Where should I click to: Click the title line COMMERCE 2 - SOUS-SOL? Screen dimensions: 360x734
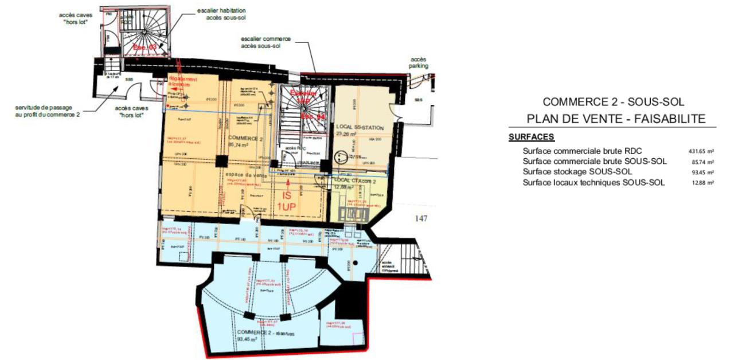(613, 102)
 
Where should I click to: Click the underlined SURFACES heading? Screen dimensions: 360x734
(531, 138)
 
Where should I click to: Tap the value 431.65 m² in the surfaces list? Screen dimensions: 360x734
(701, 151)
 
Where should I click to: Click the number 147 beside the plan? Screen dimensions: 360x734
(422, 218)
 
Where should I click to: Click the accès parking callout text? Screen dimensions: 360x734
(419, 62)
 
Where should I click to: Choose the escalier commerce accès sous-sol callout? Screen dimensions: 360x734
(266, 42)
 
